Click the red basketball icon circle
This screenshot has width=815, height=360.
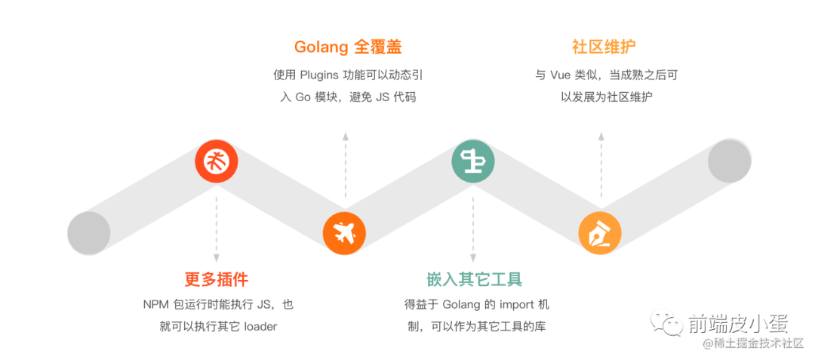pyautogui.click(x=217, y=161)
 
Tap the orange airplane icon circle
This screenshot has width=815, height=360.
pyautogui.click(x=344, y=232)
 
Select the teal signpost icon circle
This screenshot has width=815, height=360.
pyautogui.click(x=473, y=161)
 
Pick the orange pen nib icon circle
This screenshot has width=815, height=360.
pyautogui.click(x=601, y=232)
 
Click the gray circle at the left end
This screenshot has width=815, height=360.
pyautogui.click(x=89, y=233)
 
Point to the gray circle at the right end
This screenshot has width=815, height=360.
pyautogui.click(x=730, y=161)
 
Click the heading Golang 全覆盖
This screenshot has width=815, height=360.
pyautogui.click(x=348, y=48)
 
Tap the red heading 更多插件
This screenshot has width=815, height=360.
pyautogui.click(x=217, y=279)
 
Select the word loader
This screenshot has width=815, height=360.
pyautogui.click(x=261, y=327)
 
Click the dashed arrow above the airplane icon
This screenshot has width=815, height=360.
pyautogui.click(x=345, y=166)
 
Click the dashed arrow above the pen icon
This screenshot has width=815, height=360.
pyautogui.click(x=601, y=166)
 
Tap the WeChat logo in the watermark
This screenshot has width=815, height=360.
pyautogui.click(x=670, y=324)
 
